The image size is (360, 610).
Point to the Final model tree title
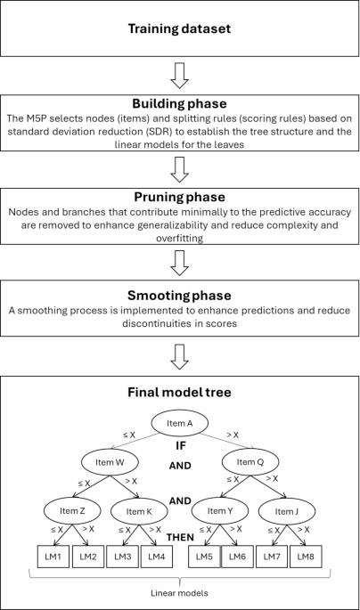(180, 389)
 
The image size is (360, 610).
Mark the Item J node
(286, 511)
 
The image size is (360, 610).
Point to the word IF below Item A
(181, 442)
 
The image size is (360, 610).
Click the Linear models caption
(180, 591)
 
